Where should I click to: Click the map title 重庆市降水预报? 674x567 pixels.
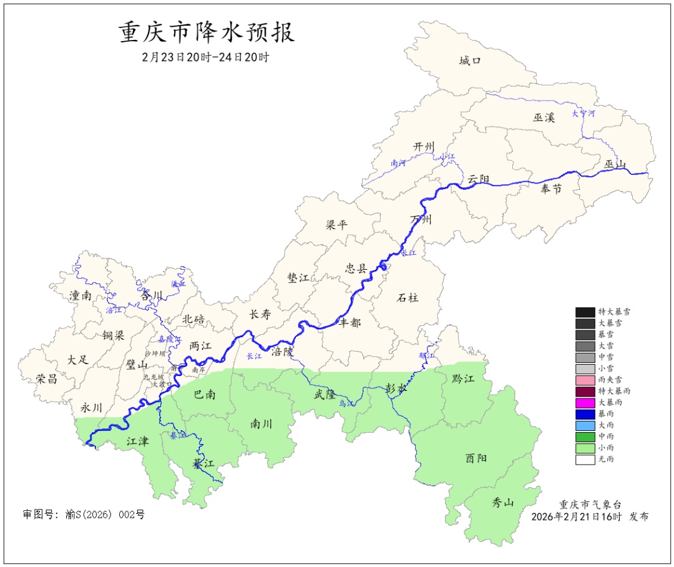click(x=207, y=32)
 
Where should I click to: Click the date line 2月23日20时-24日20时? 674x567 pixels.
click(x=205, y=57)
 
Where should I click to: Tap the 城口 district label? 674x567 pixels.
click(x=470, y=61)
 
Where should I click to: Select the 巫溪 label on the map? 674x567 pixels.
click(x=544, y=117)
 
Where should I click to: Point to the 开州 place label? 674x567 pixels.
click(x=423, y=147)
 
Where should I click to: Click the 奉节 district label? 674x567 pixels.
click(x=551, y=189)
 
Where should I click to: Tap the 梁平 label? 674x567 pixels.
click(x=336, y=225)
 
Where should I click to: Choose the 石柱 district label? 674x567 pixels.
click(x=408, y=298)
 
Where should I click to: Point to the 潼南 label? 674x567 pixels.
click(x=81, y=296)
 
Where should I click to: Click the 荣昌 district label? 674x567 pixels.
click(x=47, y=379)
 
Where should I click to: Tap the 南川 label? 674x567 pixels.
click(x=261, y=423)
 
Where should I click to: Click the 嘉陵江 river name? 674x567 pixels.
click(x=170, y=339)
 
